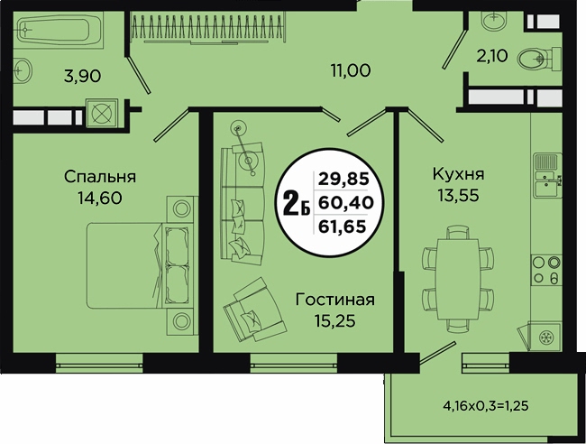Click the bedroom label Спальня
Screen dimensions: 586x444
pos(100,177)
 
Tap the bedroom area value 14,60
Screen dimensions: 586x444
pos(100,198)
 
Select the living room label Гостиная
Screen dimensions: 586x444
pos(334,300)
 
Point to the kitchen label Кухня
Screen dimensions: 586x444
pos(458,174)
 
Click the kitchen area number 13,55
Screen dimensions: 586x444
pos(458,195)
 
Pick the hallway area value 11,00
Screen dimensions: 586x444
pos(351,70)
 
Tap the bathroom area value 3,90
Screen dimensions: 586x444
pos(83,77)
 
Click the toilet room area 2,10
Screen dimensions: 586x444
pos(492,56)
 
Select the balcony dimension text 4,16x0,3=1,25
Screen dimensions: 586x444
pos(486,405)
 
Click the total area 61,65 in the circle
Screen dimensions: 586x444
pos(342,226)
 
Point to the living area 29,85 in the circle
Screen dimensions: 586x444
pos(343,180)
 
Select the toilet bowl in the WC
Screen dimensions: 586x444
pos(539,59)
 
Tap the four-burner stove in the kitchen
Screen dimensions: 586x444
pos(546,271)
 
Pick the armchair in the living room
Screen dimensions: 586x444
pos(254,310)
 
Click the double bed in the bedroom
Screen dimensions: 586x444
pos(141,265)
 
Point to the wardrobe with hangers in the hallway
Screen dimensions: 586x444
pos(208,29)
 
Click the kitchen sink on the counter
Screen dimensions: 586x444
pos(546,175)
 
